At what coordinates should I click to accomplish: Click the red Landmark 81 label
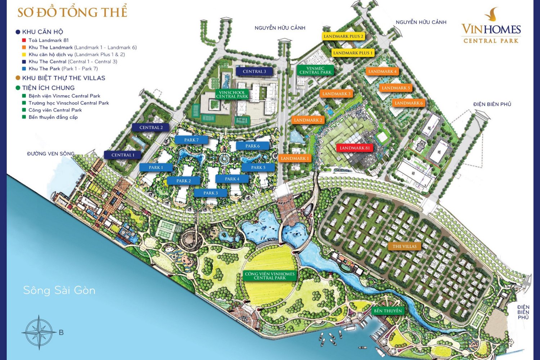355,148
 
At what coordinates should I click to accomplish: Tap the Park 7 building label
191,140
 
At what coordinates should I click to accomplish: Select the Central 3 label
254,71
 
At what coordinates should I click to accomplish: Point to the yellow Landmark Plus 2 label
343,36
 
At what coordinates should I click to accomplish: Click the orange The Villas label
404,247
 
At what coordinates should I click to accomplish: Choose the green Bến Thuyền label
388,311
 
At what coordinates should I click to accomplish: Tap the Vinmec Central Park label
315,70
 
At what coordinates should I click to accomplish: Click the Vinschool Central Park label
232,94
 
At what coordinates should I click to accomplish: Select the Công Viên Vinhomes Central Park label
270,276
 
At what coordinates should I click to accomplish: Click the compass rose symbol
39,332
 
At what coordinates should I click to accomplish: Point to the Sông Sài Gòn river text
59,290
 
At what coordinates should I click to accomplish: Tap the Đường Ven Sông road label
51,154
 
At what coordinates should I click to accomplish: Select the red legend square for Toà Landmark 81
24,40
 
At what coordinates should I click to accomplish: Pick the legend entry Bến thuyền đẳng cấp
53,117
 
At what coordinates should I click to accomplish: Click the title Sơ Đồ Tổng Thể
72,12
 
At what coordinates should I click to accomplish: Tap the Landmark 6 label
409,103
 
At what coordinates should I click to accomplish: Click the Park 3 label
211,193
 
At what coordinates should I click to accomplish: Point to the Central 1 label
123,155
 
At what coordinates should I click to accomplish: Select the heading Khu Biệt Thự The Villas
63,78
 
